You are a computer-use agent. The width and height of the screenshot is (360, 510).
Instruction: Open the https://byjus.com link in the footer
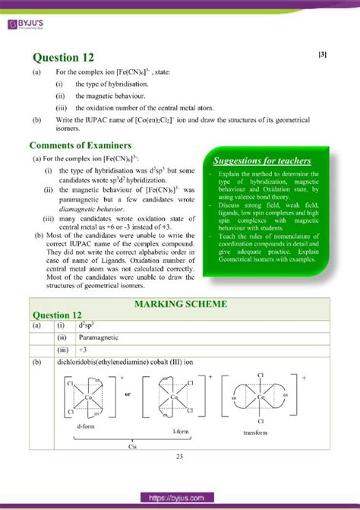pyautogui.click(x=180, y=497)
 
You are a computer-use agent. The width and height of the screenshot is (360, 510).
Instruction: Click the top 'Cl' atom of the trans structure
pyautogui.click(x=261, y=375)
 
